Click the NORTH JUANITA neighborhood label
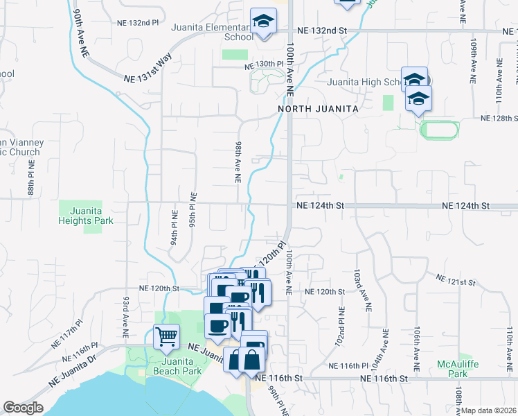(x=319, y=110)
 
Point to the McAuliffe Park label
(x=454, y=369)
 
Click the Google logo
(x=23, y=408)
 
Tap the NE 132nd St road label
(x=321, y=31)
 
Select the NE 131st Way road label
(x=148, y=70)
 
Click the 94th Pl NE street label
(x=175, y=229)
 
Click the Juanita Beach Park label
(x=181, y=366)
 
